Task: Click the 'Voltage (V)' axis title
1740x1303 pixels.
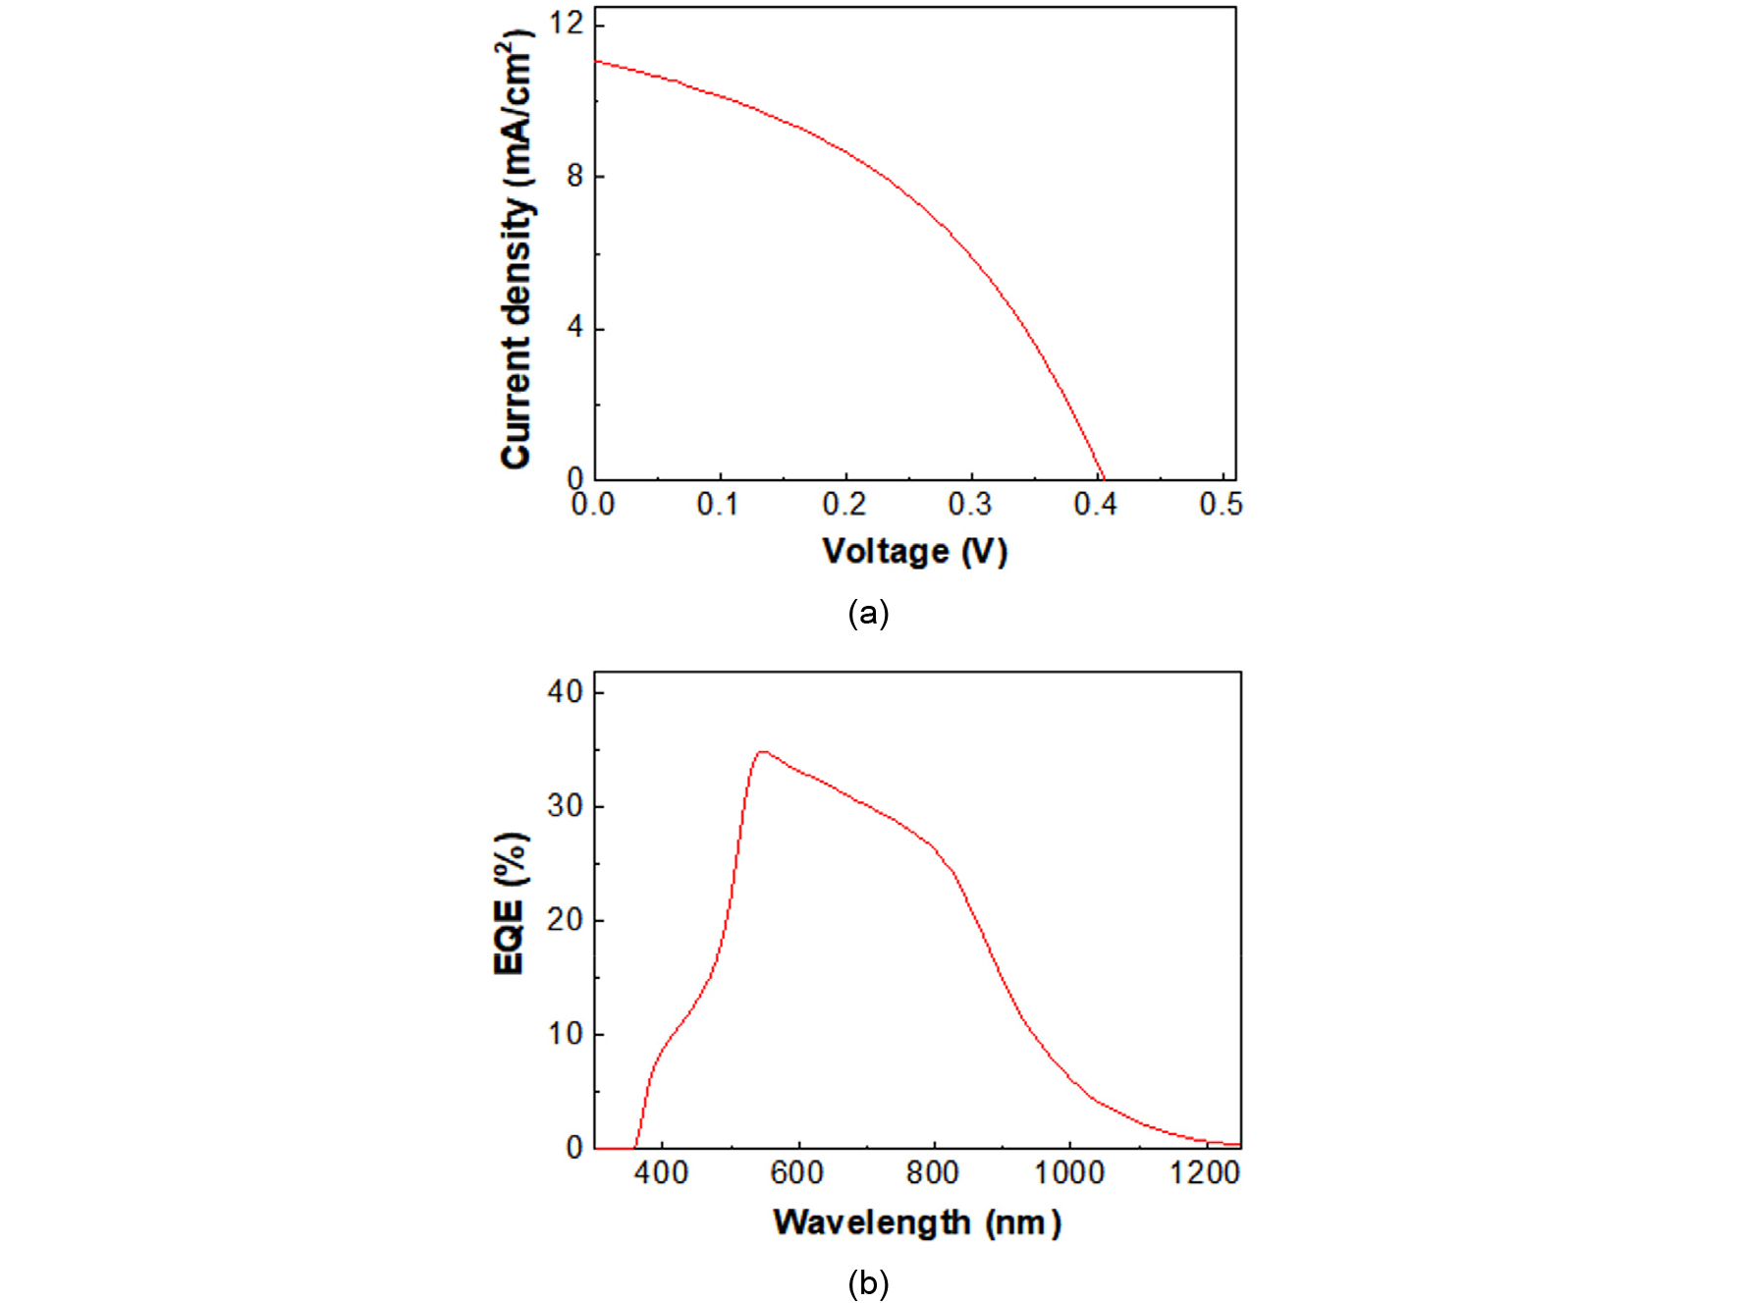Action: (914, 552)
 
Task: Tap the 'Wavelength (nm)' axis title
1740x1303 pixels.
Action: (916, 1222)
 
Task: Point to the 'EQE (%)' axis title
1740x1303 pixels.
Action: (510, 904)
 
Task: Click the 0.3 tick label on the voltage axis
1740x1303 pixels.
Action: (969, 505)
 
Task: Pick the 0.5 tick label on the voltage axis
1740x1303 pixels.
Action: (1221, 505)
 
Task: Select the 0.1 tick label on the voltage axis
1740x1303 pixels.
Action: (718, 505)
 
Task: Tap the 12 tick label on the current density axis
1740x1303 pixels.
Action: (566, 23)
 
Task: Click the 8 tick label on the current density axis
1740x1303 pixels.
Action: (574, 177)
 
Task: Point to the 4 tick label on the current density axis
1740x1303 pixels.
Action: (574, 328)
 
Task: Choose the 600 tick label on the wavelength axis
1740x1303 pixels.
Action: (796, 1172)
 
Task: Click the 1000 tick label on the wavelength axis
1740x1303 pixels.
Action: (1068, 1172)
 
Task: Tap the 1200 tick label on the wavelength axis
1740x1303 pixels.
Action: (1205, 1172)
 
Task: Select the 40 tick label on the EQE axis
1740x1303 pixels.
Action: (565, 692)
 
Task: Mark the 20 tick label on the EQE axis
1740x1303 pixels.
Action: (565, 920)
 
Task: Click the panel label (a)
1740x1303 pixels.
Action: (868, 613)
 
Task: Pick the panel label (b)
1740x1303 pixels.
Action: (868, 1283)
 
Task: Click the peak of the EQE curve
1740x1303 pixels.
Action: (762, 752)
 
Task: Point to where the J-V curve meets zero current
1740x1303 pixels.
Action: (1103, 479)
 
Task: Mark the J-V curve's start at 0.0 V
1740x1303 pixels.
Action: (596, 61)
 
